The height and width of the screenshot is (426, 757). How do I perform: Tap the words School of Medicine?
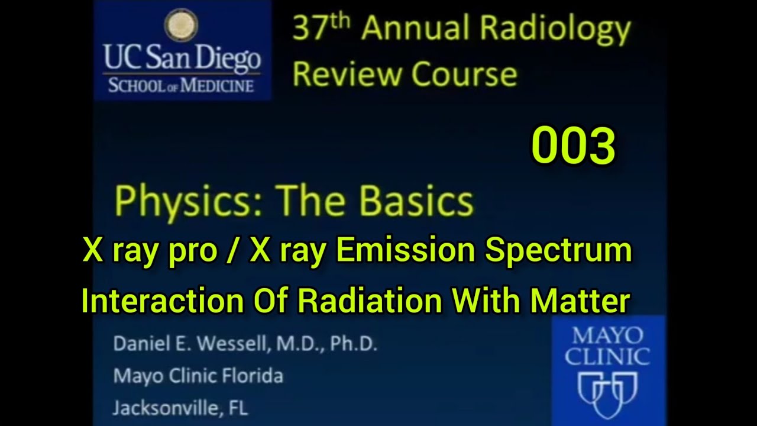[x=181, y=85]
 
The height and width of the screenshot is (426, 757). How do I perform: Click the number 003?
[x=573, y=146]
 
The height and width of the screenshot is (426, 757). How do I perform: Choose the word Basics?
[x=416, y=201]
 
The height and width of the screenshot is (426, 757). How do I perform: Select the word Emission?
[x=405, y=250]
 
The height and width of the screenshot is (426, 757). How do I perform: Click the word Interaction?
[x=163, y=301]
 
